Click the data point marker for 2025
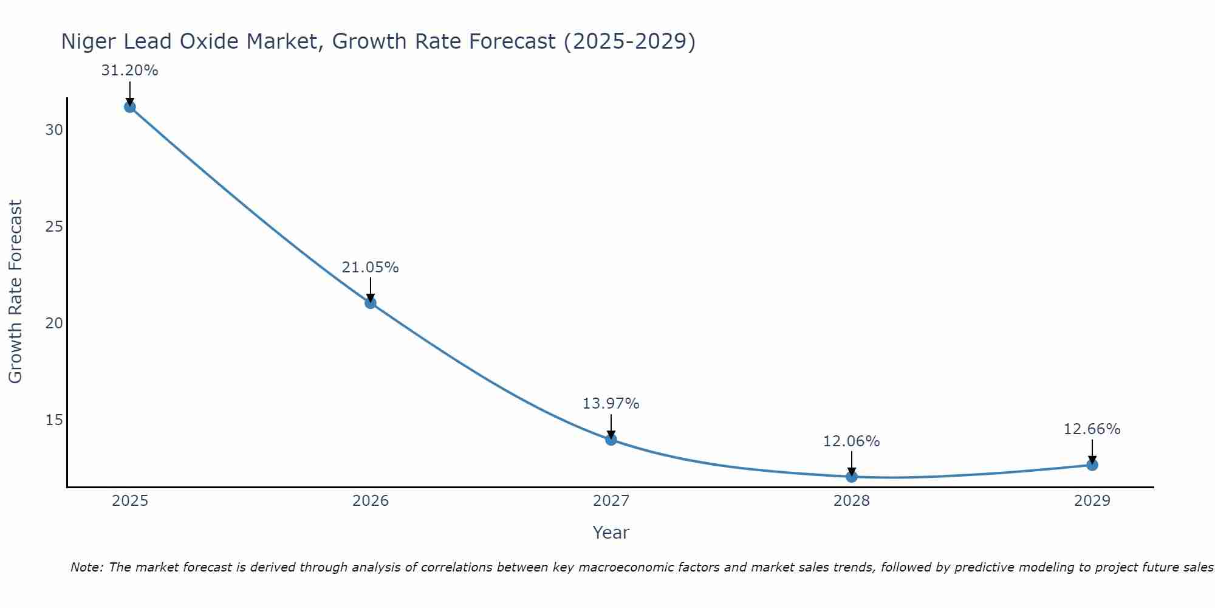coord(129,107)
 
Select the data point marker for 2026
coord(371,303)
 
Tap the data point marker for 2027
coord(611,440)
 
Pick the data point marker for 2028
coord(852,477)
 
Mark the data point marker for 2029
coord(1092,465)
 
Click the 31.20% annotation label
coord(129,71)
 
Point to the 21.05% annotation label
coord(370,268)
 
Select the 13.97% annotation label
coord(611,404)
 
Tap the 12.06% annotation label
coord(851,441)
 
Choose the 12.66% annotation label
coord(1092,429)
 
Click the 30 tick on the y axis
coord(54,130)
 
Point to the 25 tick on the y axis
coord(54,227)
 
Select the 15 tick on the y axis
coord(54,420)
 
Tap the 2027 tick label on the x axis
coord(611,501)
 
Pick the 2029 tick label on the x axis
coord(1092,501)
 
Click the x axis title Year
coord(611,533)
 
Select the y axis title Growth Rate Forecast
coord(15,292)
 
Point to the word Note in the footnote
coord(87,567)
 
